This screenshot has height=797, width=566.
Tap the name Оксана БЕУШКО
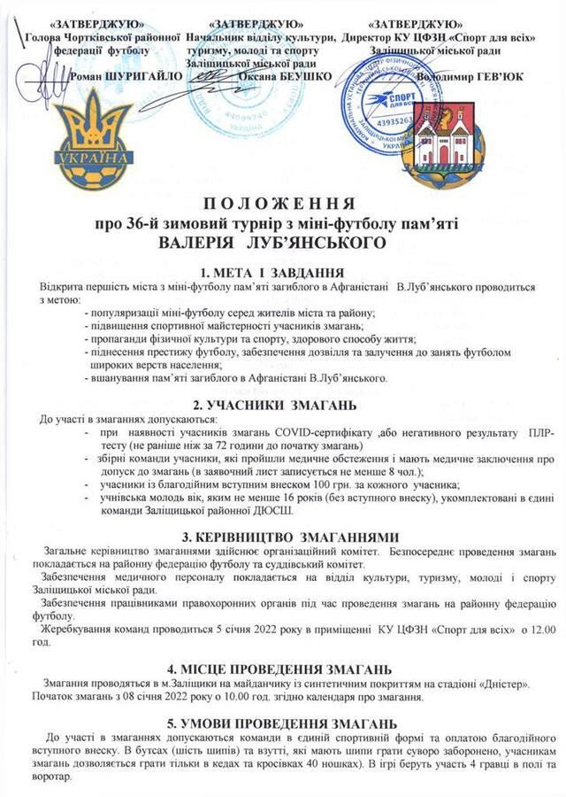(x=286, y=77)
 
